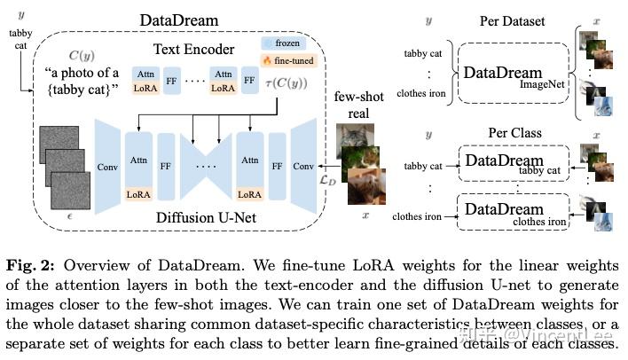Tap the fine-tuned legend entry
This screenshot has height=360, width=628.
pos(284,61)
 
